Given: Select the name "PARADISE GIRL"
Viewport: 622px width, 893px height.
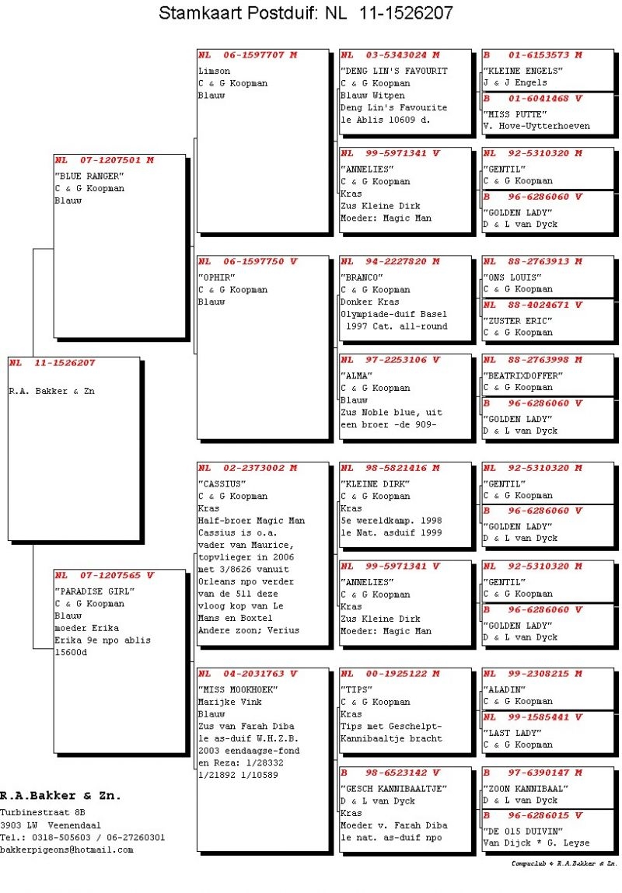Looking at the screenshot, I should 95,591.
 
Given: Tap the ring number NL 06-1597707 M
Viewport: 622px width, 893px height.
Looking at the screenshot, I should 246,55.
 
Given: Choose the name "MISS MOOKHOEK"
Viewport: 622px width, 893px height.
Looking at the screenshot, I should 238,689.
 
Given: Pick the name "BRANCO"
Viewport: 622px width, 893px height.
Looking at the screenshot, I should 362,277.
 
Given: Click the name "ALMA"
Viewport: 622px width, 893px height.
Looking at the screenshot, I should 357,375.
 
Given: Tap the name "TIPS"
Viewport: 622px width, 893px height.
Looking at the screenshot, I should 357,689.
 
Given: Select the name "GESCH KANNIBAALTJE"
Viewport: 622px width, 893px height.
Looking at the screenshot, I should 393,788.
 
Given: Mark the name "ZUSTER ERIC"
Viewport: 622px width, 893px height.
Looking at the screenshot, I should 518,320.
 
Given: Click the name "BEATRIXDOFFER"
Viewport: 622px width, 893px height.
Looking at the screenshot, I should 523,375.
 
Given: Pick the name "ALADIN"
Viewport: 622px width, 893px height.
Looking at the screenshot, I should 505,689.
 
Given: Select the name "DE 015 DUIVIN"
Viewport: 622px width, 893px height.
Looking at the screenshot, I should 518,831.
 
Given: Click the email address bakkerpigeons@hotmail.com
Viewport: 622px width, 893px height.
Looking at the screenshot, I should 67,849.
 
